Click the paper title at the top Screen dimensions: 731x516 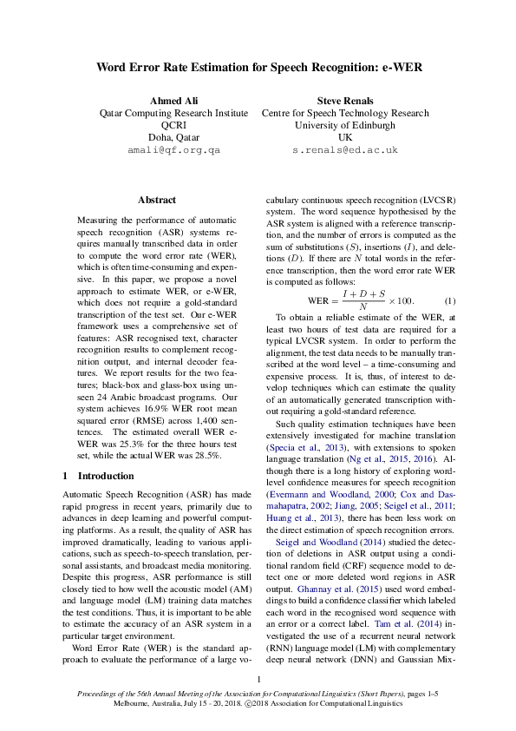pyautogui.click(x=258, y=67)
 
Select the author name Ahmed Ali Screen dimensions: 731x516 pyautogui.click(x=173, y=101)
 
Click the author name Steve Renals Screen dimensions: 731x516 pyautogui.click(x=345, y=101)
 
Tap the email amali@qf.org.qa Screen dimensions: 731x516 pyautogui.click(x=173, y=150)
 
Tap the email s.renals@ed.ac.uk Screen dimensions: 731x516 pyautogui.click(x=345, y=150)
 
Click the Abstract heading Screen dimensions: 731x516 pyautogui.click(x=156, y=200)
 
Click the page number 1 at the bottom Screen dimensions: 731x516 pyautogui.click(x=258, y=679)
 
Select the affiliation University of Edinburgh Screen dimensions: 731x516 pyautogui.click(x=345, y=125)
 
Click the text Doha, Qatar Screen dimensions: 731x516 pyautogui.click(x=173, y=137)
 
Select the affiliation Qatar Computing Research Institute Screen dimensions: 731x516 pyautogui.click(x=173, y=113)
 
